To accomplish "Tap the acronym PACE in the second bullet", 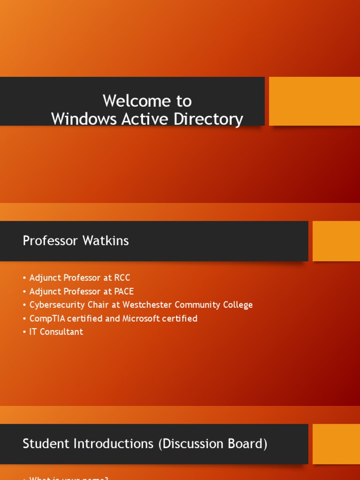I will click(x=124, y=292).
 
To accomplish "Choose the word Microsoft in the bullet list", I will click(x=142, y=319).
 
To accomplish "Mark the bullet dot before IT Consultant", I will click(x=24, y=332).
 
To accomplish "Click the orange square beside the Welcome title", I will click(x=315, y=101).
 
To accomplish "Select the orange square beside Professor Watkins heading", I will click(x=336, y=241).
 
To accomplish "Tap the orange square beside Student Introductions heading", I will click(x=336, y=444).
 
